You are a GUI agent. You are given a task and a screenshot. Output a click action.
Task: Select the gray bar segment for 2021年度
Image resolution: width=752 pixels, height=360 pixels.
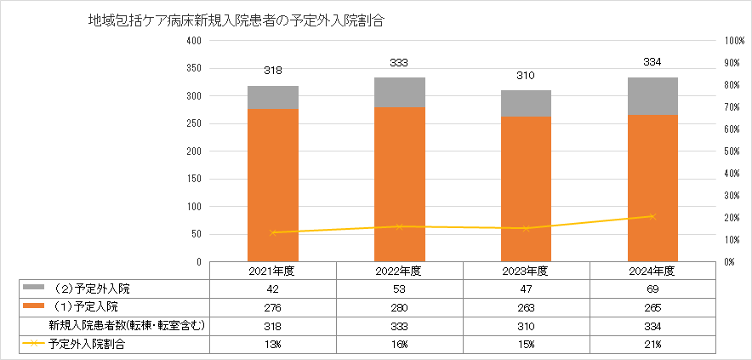(272, 97)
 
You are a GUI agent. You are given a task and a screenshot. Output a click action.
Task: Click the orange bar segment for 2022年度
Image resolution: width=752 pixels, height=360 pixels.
(400, 184)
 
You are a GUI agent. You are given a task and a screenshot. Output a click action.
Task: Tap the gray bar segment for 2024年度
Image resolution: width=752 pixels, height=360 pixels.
(652, 96)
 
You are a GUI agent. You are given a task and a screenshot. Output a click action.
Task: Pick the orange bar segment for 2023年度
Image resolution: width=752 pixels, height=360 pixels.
(527, 189)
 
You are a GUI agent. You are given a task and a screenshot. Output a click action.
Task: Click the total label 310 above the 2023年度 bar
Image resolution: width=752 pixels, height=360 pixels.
(527, 75)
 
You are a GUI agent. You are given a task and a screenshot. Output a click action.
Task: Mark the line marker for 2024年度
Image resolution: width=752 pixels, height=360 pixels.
(652, 216)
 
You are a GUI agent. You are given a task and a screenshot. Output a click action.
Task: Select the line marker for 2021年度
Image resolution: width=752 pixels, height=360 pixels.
(273, 232)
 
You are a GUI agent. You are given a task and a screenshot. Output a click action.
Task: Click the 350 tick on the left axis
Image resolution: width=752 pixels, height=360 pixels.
(193, 68)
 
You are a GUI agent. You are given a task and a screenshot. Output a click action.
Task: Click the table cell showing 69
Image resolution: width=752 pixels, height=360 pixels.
(652, 289)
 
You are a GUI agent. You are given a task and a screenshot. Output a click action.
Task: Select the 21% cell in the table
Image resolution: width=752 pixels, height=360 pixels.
(652, 344)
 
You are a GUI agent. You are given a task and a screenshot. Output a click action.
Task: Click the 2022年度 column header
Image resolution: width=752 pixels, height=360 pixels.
(400, 271)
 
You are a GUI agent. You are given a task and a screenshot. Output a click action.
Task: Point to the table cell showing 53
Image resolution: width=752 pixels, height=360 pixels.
(400, 289)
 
